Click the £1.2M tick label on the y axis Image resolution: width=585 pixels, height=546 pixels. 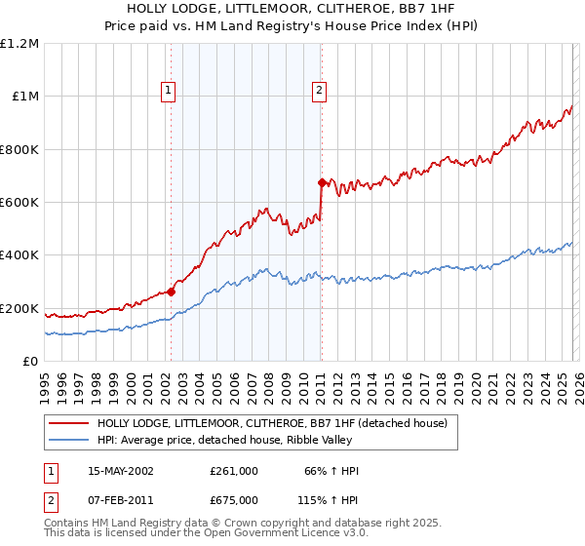click(x=19, y=43)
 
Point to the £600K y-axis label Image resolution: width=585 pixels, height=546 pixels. click(x=19, y=203)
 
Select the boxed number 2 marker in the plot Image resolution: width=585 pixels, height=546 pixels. click(x=319, y=91)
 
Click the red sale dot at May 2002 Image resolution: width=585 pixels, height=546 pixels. click(x=171, y=292)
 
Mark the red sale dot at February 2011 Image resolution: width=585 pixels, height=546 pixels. click(x=321, y=182)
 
